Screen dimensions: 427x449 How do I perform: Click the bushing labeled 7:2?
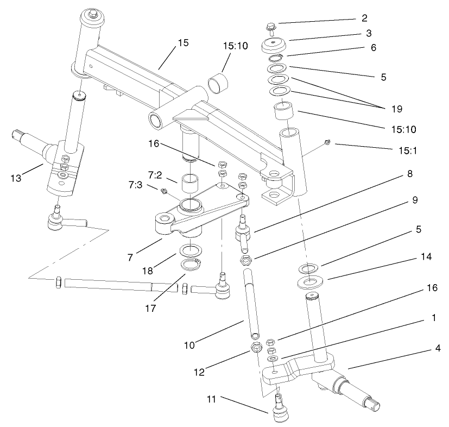189,184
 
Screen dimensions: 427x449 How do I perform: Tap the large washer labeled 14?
311,283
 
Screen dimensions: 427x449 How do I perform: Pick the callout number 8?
409,174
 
